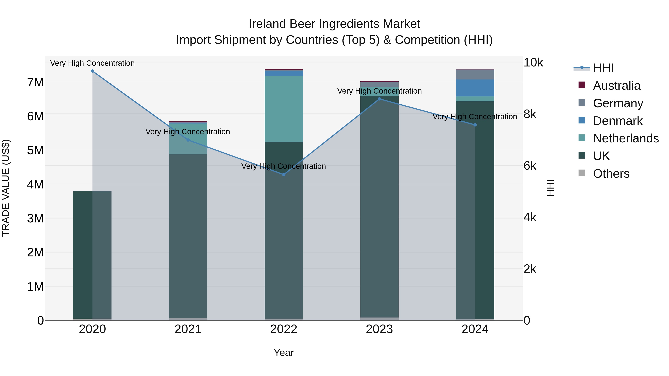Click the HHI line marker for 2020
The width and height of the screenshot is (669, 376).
click(x=93, y=71)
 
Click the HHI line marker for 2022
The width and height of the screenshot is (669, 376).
click(x=284, y=175)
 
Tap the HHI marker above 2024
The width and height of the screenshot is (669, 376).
click(x=475, y=125)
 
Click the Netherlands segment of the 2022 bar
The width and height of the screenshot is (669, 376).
click(x=284, y=109)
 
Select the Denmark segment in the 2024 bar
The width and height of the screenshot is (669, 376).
click(x=475, y=88)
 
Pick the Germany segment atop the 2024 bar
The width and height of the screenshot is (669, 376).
click(x=475, y=74)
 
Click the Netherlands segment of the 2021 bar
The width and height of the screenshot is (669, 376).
click(x=188, y=139)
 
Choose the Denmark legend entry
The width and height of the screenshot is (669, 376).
click(x=617, y=121)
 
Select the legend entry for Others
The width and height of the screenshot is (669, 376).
click(x=611, y=174)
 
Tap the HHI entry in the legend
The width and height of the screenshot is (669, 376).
click(x=603, y=68)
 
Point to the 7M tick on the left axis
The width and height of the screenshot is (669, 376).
click(x=35, y=82)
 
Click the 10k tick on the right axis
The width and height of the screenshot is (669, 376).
click(x=533, y=63)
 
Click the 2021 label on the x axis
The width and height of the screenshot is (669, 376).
click(x=188, y=329)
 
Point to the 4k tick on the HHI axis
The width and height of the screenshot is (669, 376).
click(x=530, y=217)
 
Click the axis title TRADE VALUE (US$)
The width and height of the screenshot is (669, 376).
click(x=6, y=188)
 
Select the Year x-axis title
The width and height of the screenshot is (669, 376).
click(x=284, y=353)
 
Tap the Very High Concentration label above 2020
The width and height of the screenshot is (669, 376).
click(x=93, y=63)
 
